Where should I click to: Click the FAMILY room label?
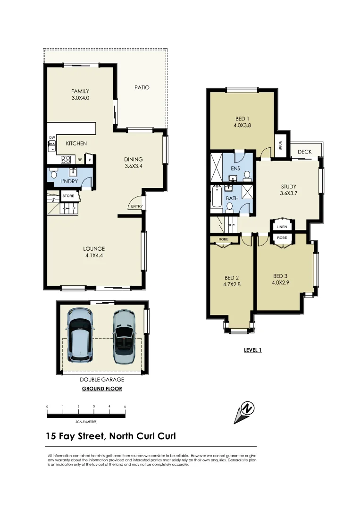[80, 91]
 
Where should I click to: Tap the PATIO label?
[142, 87]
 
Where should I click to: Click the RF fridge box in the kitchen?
[80, 160]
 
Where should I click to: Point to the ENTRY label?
[137, 206]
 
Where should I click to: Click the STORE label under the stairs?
[68, 195]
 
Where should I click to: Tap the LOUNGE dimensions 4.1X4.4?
[94, 255]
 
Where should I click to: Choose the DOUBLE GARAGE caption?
[102, 379]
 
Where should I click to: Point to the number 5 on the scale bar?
[125, 407]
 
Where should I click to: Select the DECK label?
[304, 152]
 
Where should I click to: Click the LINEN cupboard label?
[282, 227]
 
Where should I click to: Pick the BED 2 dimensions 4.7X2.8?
[232, 284]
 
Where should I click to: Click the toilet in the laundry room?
[53, 174]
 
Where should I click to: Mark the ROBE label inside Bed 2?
[224, 240]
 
